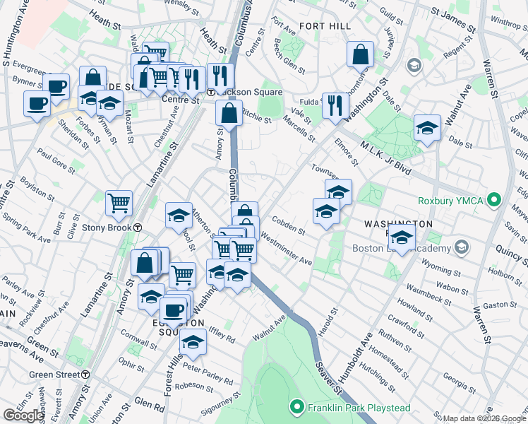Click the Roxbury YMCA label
click(x=456, y=201)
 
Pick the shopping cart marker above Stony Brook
click(x=119, y=203)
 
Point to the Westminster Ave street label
click(x=287, y=251)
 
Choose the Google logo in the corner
click(x=24, y=416)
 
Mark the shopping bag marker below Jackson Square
click(x=229, y=112)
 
